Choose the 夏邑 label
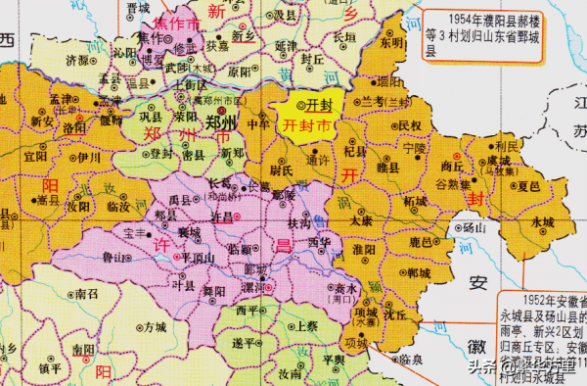[529, 184]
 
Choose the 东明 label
[391, 43]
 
